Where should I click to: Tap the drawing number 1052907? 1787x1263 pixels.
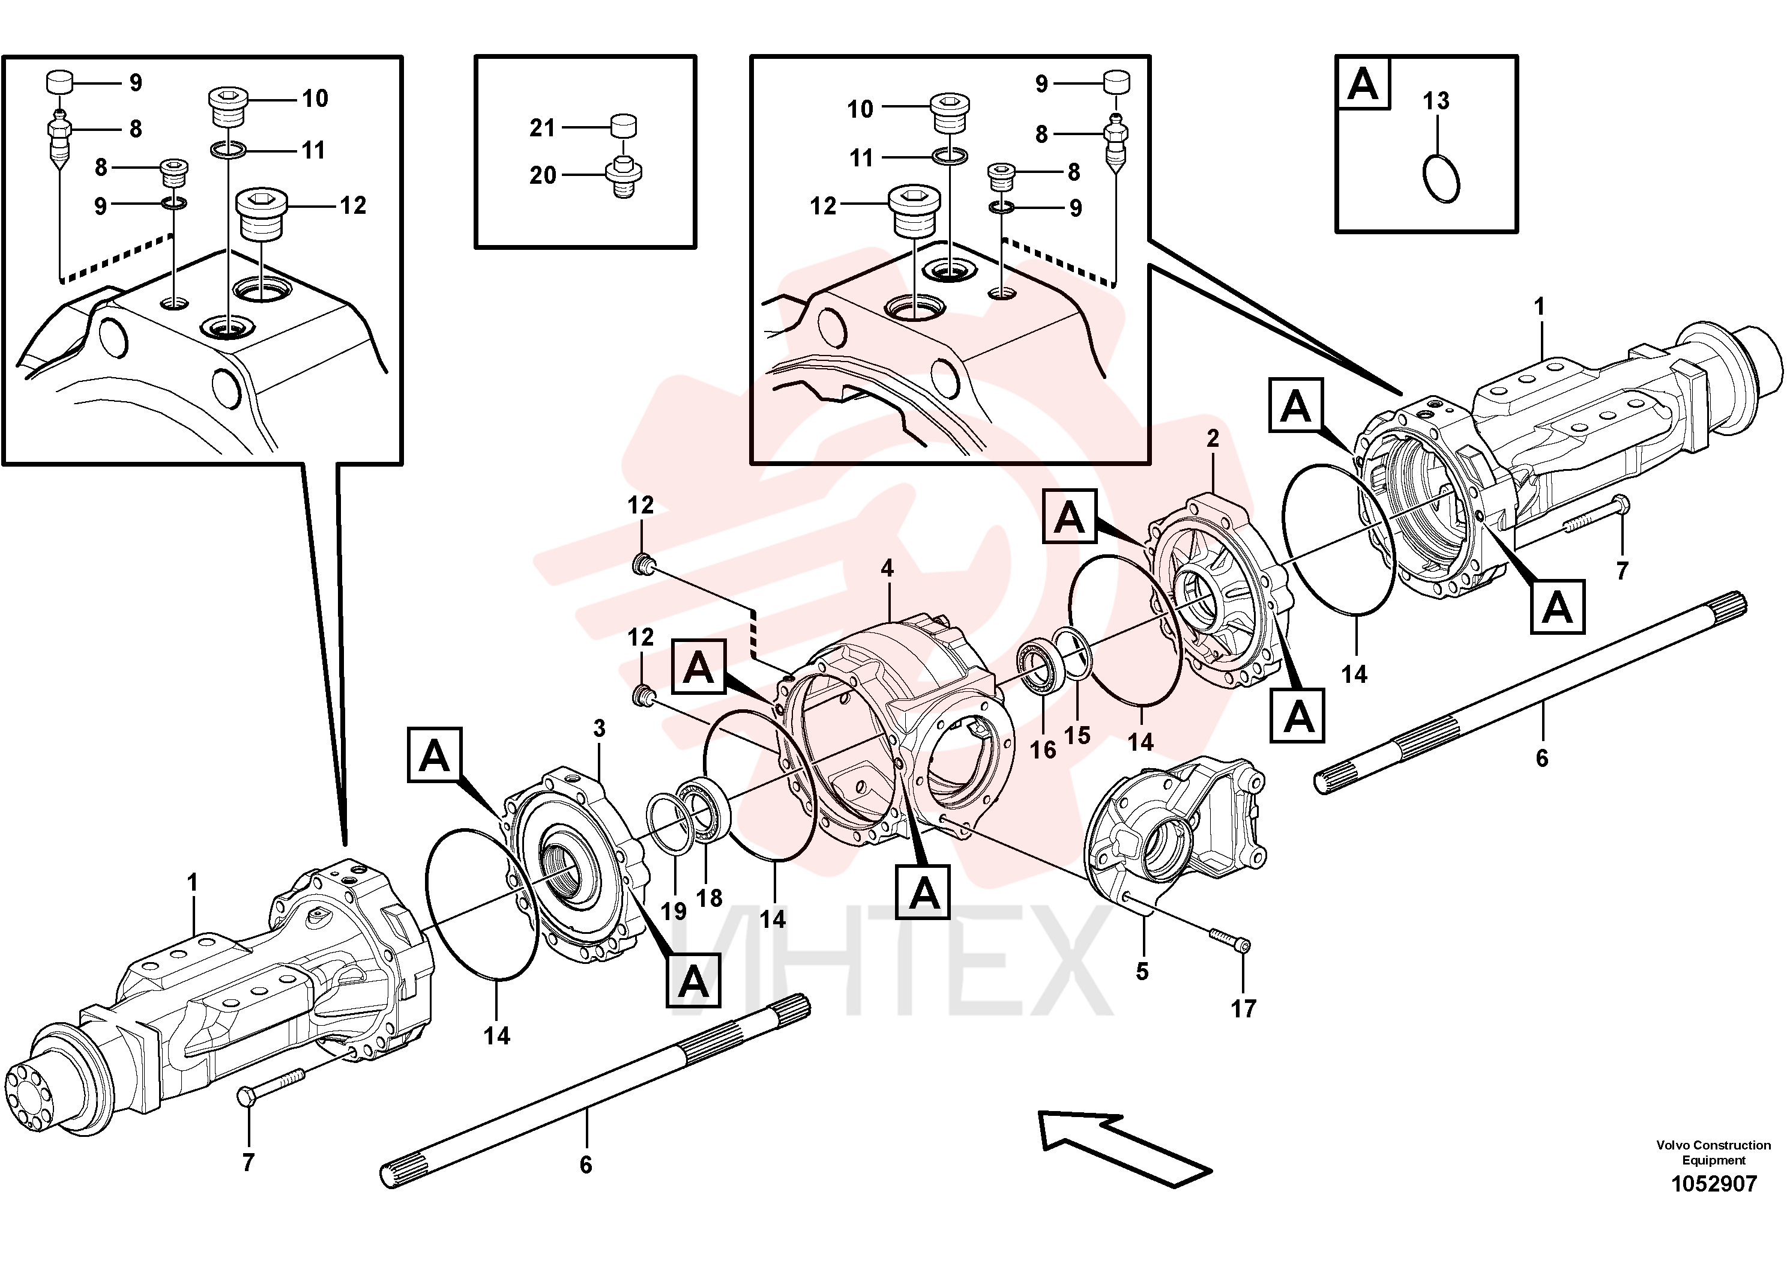(x=1714, y=1184)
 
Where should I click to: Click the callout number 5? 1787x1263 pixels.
(x=1142, y=971)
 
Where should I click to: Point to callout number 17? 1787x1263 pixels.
(x=1243, y=1008)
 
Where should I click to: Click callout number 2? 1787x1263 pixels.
(x=1213, y=438)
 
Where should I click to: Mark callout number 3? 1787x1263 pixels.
(x=598, y=729)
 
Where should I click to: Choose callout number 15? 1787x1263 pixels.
(x=1077, y=735)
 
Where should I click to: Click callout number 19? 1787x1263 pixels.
(x=674, y=910)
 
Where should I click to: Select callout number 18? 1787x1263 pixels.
(x=709, y=898)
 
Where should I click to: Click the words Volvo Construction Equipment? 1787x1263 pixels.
(x=1713, y=1152)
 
